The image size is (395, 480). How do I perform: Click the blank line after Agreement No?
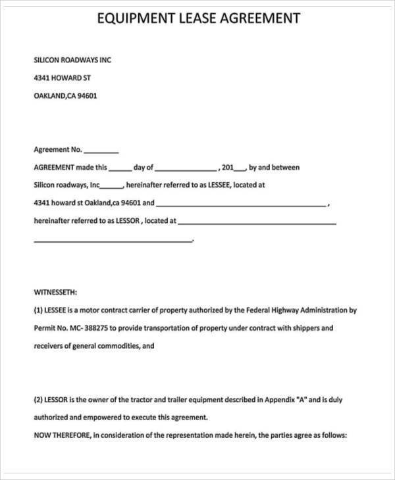tap(101, 150)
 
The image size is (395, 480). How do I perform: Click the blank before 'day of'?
tap(120, 168)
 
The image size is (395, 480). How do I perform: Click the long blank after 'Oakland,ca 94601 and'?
tap(240, 204)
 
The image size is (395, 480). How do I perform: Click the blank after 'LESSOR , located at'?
tap(257, 222)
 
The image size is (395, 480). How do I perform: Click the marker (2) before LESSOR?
tap(38, 399)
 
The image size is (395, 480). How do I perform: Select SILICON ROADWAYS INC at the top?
tap(72, 60)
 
